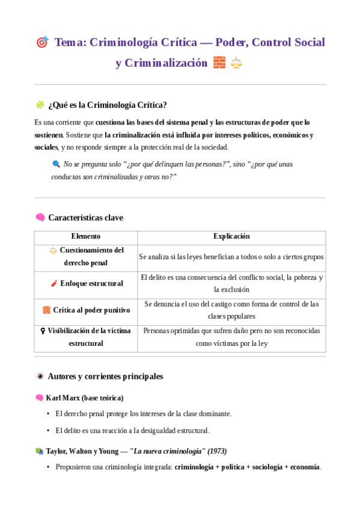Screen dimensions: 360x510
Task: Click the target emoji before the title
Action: coord(42,42)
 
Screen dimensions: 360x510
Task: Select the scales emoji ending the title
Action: coord(236,63)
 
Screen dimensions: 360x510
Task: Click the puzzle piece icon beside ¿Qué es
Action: coord(40,105)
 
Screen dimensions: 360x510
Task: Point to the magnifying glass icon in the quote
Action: coord(56,164)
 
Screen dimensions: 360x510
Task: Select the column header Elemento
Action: coord(85,237)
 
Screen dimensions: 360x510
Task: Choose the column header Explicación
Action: coord(231,237)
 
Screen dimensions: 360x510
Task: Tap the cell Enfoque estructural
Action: coord(91,283)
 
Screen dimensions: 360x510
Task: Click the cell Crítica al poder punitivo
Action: coord(91,310)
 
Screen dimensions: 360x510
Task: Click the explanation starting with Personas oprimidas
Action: coord(231,337)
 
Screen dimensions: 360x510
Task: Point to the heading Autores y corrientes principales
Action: coord(105,376)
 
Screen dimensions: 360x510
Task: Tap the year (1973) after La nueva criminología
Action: coord(217,451)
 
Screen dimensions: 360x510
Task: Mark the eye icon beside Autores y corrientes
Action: coord(40,376)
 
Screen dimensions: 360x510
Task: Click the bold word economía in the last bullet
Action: coord(304,467)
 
